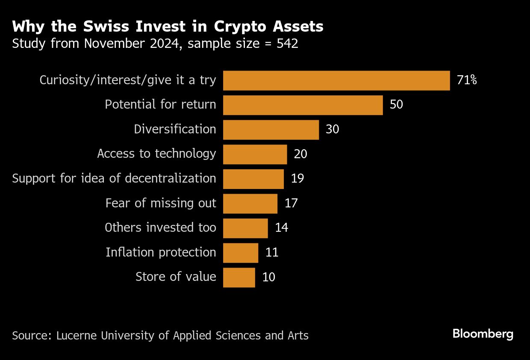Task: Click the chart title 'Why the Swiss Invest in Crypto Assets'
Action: tap(168, 27)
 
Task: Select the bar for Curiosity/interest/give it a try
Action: tap(336, 80)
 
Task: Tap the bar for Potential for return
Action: tap(303, 105)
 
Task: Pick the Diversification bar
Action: tap(271, 130)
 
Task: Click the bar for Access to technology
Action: tap(255, 154)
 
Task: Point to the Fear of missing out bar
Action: tap(250, 203)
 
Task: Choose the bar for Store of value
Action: tap(239, 277)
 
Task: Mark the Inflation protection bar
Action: tap(241, 252)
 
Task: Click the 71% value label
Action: tap(467, 80)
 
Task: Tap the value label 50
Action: tap(396, 105)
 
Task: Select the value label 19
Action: tap(297, 178)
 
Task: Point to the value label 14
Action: tap(282, 228)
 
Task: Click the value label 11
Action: tap(272, 252)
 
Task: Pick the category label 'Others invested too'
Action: tap(160, 228)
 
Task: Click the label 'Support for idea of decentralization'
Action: tap(114, 178)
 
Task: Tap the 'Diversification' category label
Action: tap(175, 129)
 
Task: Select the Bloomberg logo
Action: tap(483, 334)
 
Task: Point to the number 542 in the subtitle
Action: tap(287, 44)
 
